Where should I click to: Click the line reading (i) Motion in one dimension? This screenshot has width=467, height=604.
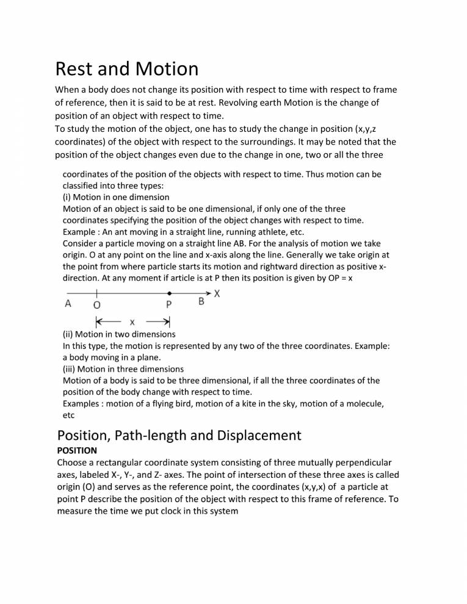pyautogui.click(x=116, y=197)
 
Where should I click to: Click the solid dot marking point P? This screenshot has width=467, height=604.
pyautogui.click(x=169, y=294)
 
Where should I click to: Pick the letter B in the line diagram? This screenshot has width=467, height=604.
pyautogui.click(x=201, y=302)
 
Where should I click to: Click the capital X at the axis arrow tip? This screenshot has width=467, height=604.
pyautogui.click(x=217, y=293)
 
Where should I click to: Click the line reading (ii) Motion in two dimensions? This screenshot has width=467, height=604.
pyautogui.click(x=119, y=334)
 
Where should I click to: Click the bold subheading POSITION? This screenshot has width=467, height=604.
pyautogui.click(x=76, y=450)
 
